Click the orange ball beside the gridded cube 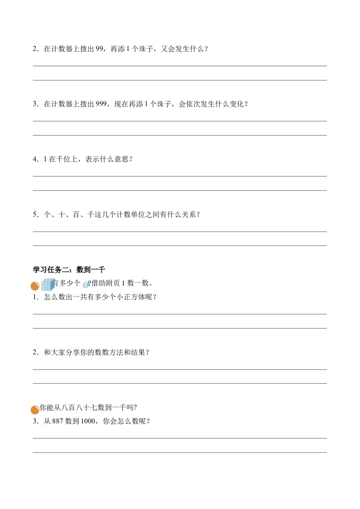(35, 286)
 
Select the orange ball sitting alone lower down (35, 410)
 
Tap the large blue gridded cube (48, 285)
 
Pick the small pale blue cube (86, 285)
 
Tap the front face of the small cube (85, 285)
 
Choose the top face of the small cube (86, 282)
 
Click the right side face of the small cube (88, 285)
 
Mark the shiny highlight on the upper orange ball (37, 283)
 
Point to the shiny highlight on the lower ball (37, 407)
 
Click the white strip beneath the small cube (86, 290)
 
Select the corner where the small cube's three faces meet (87, 283)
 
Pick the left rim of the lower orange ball (31, 411)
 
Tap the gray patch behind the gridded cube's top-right (56, 279)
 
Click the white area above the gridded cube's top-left (41, 278)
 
